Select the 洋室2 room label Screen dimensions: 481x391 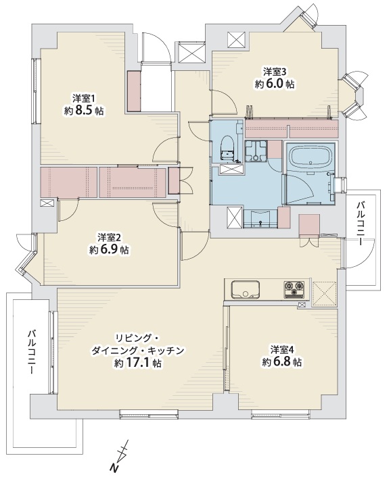click(x=109, y=238)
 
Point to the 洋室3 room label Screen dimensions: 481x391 click(x=275, y=72)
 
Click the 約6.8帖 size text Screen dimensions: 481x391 click(x=281, y=362)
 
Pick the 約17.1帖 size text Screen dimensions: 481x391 click(x=137, y=363)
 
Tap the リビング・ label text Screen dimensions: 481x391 click(x=137, y=338)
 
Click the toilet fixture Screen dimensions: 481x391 click(x=227, y=147)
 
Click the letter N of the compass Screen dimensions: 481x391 click(x=114, y=467)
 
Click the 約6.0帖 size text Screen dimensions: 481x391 click(x=275, y=84)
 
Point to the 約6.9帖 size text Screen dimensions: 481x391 click(x=109, y=250)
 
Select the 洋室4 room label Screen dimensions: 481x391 click(x=281, y=350)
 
